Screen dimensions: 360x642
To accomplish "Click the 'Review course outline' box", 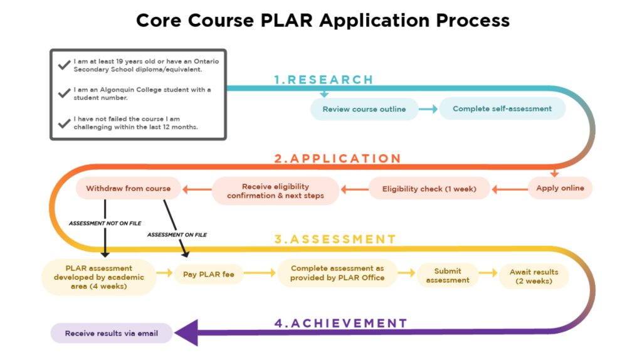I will (364, 109).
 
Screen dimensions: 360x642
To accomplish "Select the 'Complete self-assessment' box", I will (502, 109).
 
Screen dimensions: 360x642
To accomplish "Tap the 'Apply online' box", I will (560, 188).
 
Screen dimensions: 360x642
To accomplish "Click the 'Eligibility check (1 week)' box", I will (429, 189).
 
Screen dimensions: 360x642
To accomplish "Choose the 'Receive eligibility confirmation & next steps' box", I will (275, 191).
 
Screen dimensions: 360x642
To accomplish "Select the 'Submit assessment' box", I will (448, 275).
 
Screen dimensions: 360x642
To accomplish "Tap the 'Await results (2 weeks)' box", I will (534, 277).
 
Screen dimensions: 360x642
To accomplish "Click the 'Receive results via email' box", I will (111, 333).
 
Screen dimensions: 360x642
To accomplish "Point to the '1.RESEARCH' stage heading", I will (323, 80).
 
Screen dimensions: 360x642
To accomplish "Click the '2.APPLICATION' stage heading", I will (337, 159).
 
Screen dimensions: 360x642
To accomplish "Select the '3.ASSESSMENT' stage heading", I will (335, 239).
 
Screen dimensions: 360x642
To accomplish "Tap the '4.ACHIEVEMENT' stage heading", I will (340, 323).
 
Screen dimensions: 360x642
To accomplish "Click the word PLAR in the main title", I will (282, 20).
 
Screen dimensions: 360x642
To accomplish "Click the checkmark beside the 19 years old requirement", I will (63, 65).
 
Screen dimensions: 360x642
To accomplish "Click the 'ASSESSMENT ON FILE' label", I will (177, 234).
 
